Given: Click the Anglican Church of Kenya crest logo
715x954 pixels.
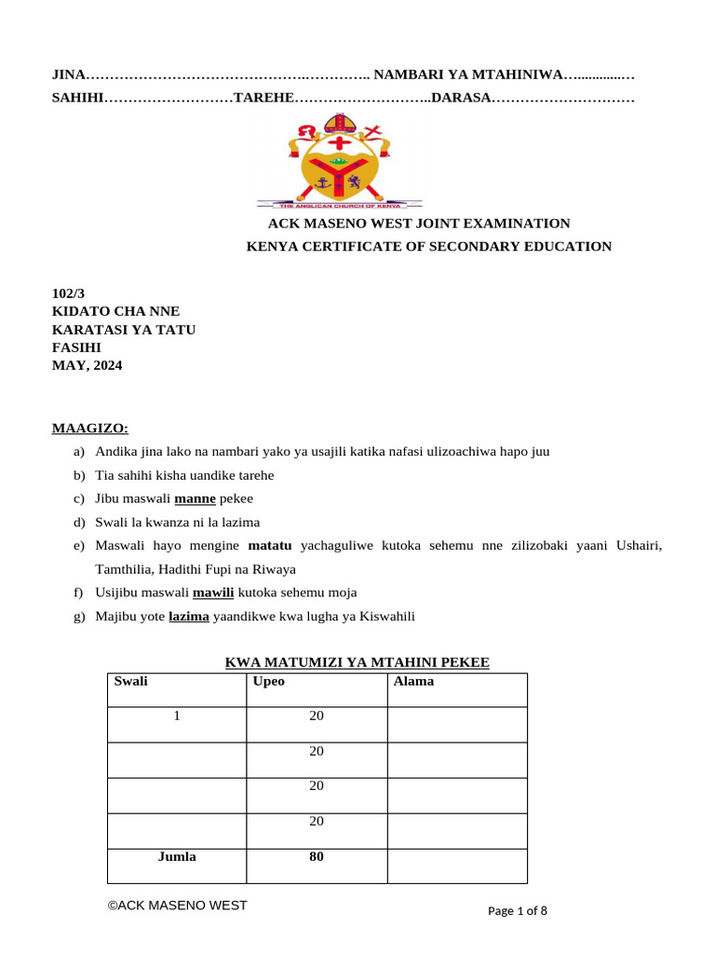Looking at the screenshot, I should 340,160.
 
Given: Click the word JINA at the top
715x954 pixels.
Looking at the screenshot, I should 67,74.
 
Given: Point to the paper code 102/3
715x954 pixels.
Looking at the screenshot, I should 67,293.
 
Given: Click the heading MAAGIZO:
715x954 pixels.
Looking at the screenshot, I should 89,429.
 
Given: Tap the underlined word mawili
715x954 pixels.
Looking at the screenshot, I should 212,593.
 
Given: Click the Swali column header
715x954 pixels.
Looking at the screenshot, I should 130,681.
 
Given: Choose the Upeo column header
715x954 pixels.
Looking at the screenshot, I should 268,681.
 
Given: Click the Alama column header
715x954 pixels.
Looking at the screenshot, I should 413,681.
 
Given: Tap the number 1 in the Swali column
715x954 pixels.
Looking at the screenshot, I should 176,715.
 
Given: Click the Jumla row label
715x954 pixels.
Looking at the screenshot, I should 176,856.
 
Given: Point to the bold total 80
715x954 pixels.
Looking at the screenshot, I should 317,856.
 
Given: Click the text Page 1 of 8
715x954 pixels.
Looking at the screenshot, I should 518,911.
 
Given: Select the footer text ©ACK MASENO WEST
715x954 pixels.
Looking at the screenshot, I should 177,905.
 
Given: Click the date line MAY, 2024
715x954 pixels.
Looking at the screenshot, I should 87,365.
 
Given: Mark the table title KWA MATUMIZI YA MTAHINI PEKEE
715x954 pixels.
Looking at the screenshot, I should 357,662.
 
